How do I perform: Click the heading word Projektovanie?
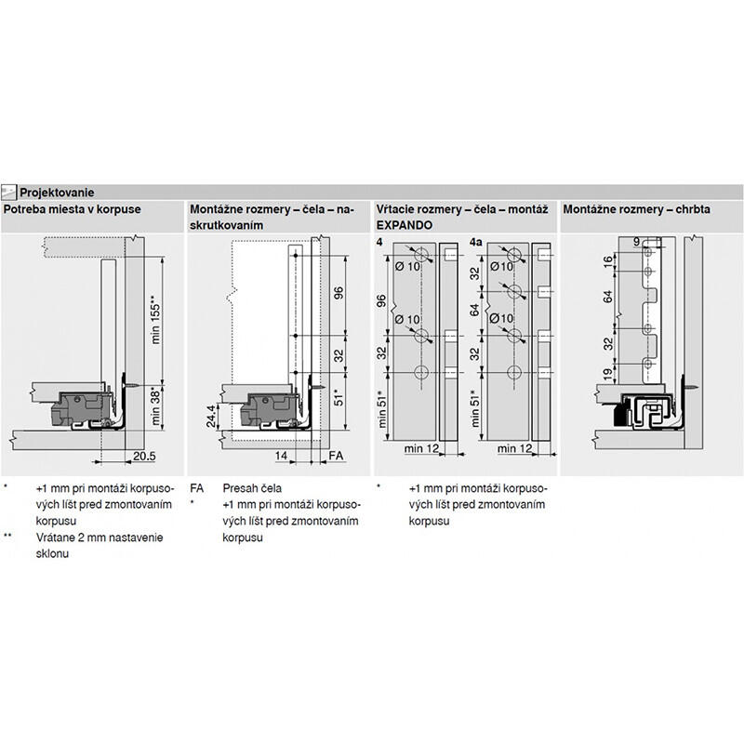tap(57, 193)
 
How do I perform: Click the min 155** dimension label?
tap(155, 320)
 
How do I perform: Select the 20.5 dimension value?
tap(144, 456)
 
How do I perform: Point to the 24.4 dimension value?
tap(211, 416)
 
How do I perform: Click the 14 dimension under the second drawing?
tap(282, 456)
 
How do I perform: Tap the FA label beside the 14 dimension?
tap(336, 456)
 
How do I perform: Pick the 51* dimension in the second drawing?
tap(339, 398)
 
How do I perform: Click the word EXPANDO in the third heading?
tap(405, 225)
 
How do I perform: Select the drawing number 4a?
tap(475, 243)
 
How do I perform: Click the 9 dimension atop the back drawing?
tap(637, 242)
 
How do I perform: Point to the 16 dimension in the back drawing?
tap(608, 261)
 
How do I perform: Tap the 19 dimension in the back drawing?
tap(608, 375)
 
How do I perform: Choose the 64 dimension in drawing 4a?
tap(475, 311)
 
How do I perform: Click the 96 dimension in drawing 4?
tap(381, 300)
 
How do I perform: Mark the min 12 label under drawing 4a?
tap(515, 448)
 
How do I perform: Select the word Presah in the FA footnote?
tap(239, 488)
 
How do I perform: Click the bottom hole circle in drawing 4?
tap(421, 373)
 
